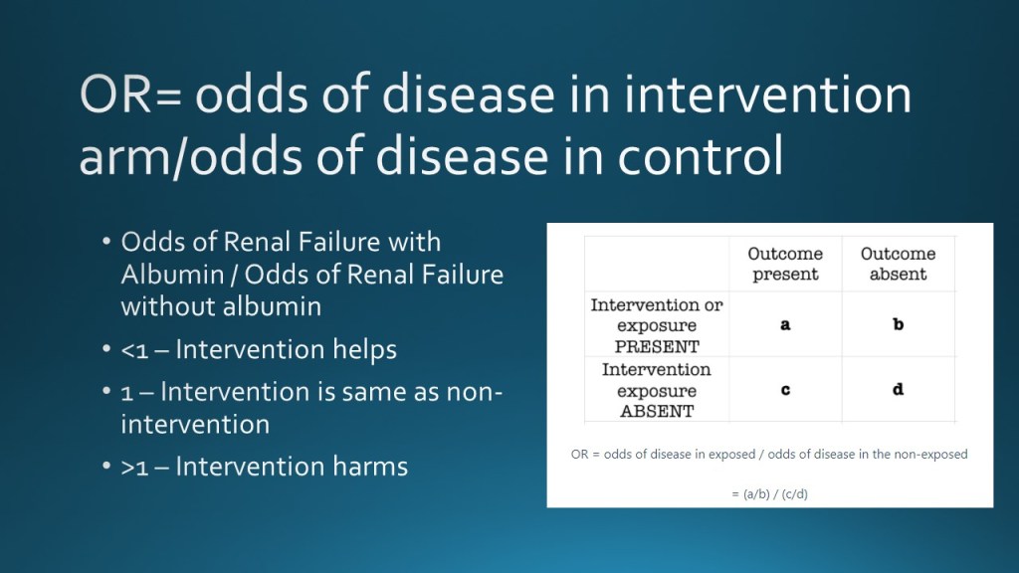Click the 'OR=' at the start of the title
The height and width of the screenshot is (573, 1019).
(131, 95)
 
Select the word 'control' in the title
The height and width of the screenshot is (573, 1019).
(700, 156)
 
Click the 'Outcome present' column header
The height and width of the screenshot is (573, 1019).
(785, 264)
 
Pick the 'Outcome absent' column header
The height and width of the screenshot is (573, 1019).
(899, 264)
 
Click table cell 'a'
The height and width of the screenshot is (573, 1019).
(785, 324)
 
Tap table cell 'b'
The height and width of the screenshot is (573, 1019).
(899, 323)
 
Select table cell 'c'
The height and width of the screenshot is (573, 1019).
(785, 390)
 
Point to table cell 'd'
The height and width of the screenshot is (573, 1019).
(899, 389)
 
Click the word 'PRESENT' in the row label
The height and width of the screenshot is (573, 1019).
(657, 346)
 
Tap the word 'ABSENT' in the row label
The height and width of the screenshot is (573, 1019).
(657, 411)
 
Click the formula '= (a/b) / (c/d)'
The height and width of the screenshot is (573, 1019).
(769, 493)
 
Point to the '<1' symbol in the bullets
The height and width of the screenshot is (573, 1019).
(134, 351)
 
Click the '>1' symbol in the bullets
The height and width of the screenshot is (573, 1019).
(134, 468)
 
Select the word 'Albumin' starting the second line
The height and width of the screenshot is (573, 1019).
(172, 275)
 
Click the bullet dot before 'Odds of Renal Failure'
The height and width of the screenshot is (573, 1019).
(106, 242)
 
